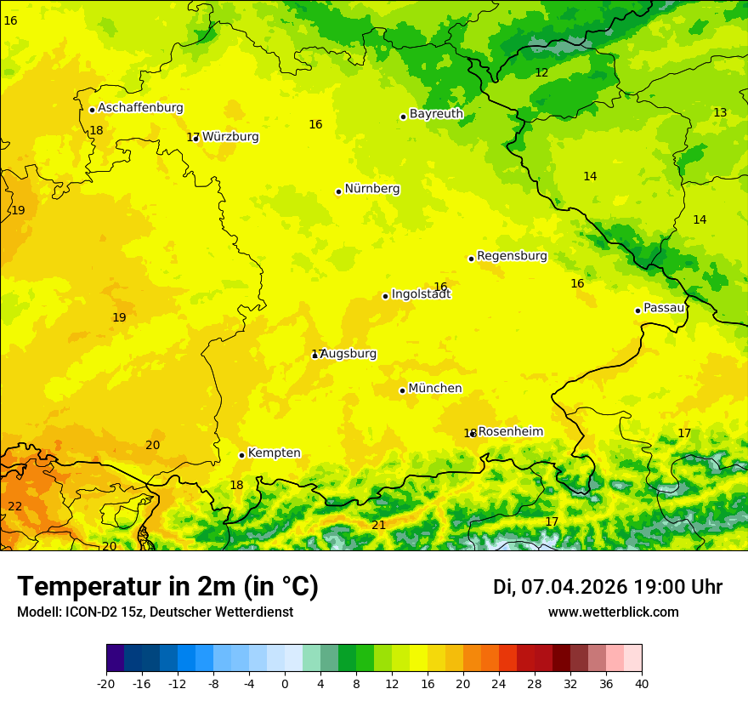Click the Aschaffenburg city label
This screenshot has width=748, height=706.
(140, 108)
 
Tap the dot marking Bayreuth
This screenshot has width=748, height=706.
(403, 117)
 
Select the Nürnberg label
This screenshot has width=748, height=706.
(371, 189)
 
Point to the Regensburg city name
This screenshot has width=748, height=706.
(512, 256)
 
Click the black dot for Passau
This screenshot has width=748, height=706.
(637, 310)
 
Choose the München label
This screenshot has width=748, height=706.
(435, 389)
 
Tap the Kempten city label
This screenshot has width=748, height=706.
(274, 453)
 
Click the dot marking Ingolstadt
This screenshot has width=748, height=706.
(385, 296)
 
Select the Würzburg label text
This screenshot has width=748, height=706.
(230, 137)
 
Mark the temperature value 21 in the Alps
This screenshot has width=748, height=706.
(378, 525)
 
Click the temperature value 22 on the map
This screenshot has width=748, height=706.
(15, 506)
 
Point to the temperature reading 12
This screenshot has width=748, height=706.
(541, 72)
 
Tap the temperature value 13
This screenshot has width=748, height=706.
(720, 112)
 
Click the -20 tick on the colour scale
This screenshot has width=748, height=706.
(106, 683)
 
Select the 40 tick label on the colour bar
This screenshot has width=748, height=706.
(642, 683)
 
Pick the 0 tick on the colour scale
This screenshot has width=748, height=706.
(285, 683)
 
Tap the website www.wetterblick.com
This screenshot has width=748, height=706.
(613, 612)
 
